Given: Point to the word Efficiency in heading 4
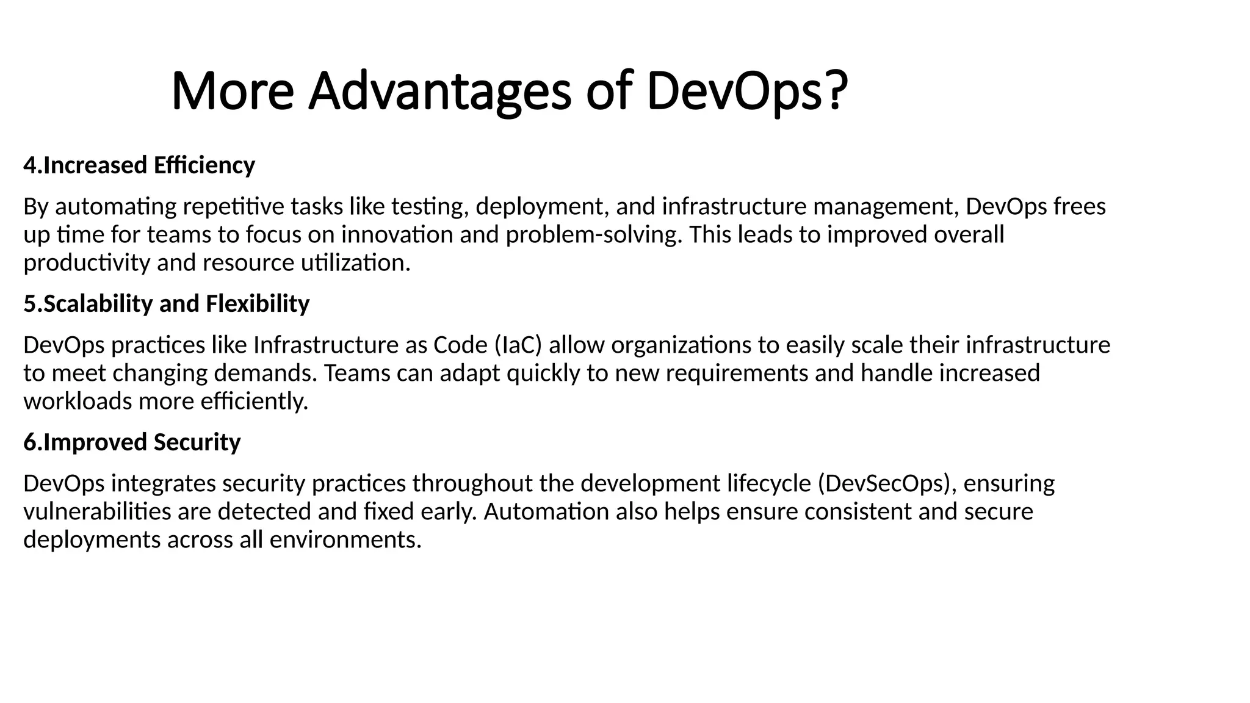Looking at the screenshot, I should coord(204,166).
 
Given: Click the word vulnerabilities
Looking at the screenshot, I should coord(97,512).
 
